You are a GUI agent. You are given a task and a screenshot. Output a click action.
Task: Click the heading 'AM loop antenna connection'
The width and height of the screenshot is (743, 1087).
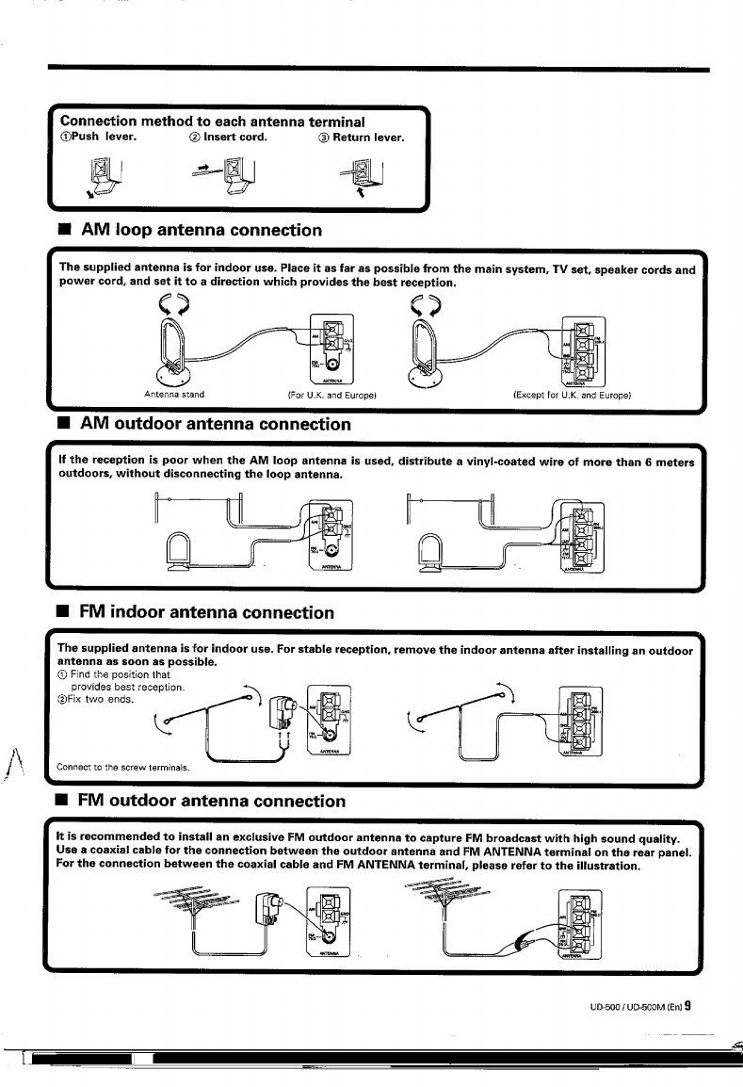[202, 230]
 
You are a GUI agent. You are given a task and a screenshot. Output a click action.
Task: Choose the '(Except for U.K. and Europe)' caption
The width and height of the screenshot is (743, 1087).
[571, 394]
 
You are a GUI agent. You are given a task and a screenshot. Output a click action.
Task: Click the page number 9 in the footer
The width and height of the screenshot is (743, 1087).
[688, 1004]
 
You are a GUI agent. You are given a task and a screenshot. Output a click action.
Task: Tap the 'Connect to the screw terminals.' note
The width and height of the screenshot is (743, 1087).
[121, 767]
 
